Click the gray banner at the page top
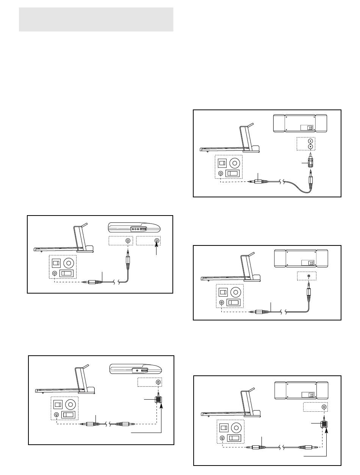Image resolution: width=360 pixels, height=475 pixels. click(96, 19)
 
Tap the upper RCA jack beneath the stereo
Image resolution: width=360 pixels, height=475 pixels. click(310, 140)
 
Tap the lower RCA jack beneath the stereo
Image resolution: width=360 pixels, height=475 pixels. click(310, 147)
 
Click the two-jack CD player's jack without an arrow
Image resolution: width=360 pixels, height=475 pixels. click(128, 241)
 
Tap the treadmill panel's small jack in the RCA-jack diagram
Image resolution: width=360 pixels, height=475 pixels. click(221, 173)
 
